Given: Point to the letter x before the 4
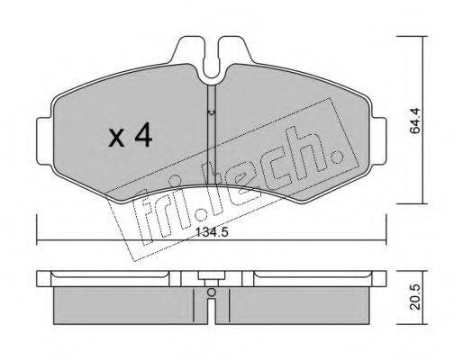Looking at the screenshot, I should tap(115, 139).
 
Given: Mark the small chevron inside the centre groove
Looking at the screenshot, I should tap(211, 112).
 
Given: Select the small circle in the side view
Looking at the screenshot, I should tap(211, 292).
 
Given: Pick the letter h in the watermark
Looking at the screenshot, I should tap(311, 154).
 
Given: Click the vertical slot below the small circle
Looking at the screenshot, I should tap(211, 309).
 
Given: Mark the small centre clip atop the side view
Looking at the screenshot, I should tap(211, 275).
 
